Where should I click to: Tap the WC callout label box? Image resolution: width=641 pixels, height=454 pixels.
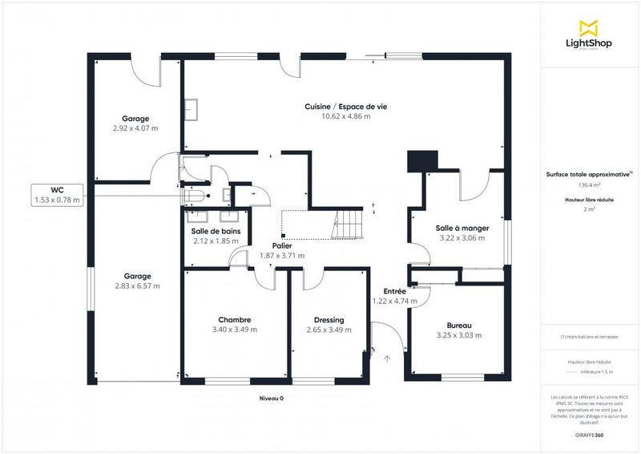tap(57, 195)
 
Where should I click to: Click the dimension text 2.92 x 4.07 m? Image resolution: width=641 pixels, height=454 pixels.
tap(135, 128)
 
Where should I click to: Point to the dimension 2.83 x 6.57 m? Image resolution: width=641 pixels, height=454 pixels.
tap(136, 286)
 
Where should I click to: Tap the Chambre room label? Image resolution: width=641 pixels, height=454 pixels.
tap(234, 319)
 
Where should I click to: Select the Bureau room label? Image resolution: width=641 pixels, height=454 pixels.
tap(460, 325)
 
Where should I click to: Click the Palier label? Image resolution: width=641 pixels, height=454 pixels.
tap(281, 246)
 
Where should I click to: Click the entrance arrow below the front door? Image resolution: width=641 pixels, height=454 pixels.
tap(387, 359)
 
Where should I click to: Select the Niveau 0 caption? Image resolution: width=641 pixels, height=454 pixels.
tap(271, 399)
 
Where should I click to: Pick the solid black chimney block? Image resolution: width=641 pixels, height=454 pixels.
tap(421, 161)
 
